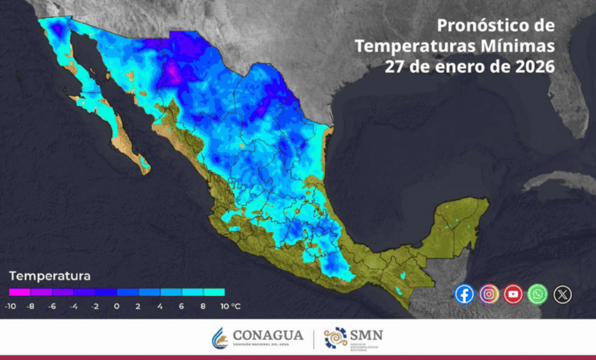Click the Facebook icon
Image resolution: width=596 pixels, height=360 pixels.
pyautogui.click(x=464, y=294)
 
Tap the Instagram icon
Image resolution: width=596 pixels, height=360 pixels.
pyautogui.click(x=489, y=294)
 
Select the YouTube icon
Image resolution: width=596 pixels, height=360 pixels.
pyautogui.click(x=513, y=294)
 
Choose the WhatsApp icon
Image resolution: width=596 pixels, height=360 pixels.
pyautogui.click(x=538, y=294)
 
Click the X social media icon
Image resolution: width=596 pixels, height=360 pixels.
pyautogui.click(x=563, y=294)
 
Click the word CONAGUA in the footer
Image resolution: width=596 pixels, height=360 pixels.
pyautogui.click(x=267, y=335)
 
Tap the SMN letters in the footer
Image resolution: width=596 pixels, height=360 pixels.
pyautogui.click(x=367, y=335)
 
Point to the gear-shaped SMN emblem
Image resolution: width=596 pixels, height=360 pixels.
pyautogui.click(x=335, y=338)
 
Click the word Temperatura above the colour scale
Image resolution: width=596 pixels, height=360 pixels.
pyautogui.click(x=49, y=276)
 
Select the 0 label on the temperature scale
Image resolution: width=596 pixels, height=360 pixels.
pyautogui.click(x=117, y=306)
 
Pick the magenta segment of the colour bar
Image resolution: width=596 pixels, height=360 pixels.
pyautogui.click(x=19, y=292)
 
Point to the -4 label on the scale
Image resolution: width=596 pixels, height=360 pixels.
pyautogui.click(x=74, y=306)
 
